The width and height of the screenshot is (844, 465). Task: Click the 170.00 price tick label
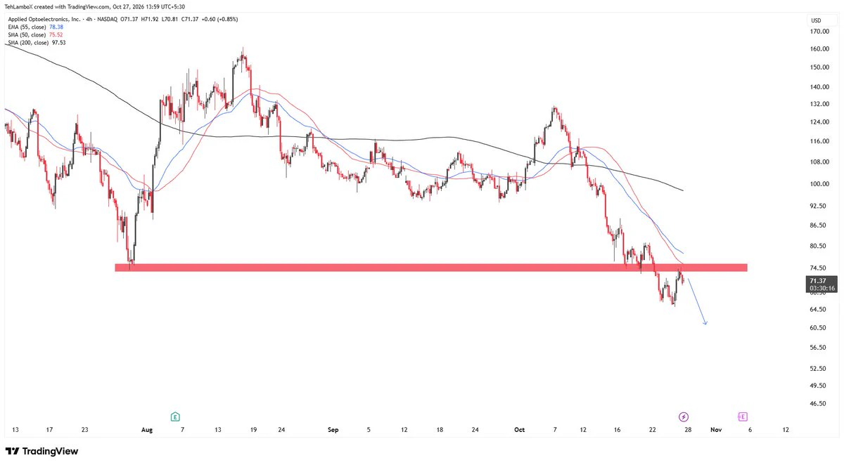tap(819, 31)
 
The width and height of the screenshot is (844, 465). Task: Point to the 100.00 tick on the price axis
tap(819, 184)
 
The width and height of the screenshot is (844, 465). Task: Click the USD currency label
tap(816, 20)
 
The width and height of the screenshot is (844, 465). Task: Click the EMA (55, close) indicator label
tap(27, 27)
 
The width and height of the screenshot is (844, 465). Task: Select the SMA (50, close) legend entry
tap(27, 35)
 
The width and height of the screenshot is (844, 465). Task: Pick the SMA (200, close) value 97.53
tap(59, 43)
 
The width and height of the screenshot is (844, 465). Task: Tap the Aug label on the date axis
tap(147, 430)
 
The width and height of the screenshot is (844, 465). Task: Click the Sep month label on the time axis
tap(333, 430)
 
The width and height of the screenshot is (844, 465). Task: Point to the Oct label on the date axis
tap(519, 430)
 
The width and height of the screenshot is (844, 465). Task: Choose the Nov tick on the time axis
tap(716, 430)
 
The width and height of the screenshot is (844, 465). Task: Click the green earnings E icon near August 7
tap(175, 417)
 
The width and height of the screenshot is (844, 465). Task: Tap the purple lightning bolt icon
tap(684, 417)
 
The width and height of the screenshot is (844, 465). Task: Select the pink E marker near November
tap(742, 417)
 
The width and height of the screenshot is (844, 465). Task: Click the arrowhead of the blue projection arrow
tap(705, 324)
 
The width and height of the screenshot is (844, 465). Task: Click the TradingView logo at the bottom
tap(41, 451)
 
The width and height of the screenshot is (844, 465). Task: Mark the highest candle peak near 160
tap(243, 47)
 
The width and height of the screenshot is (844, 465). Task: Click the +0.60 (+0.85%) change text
tap(219, 19)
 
